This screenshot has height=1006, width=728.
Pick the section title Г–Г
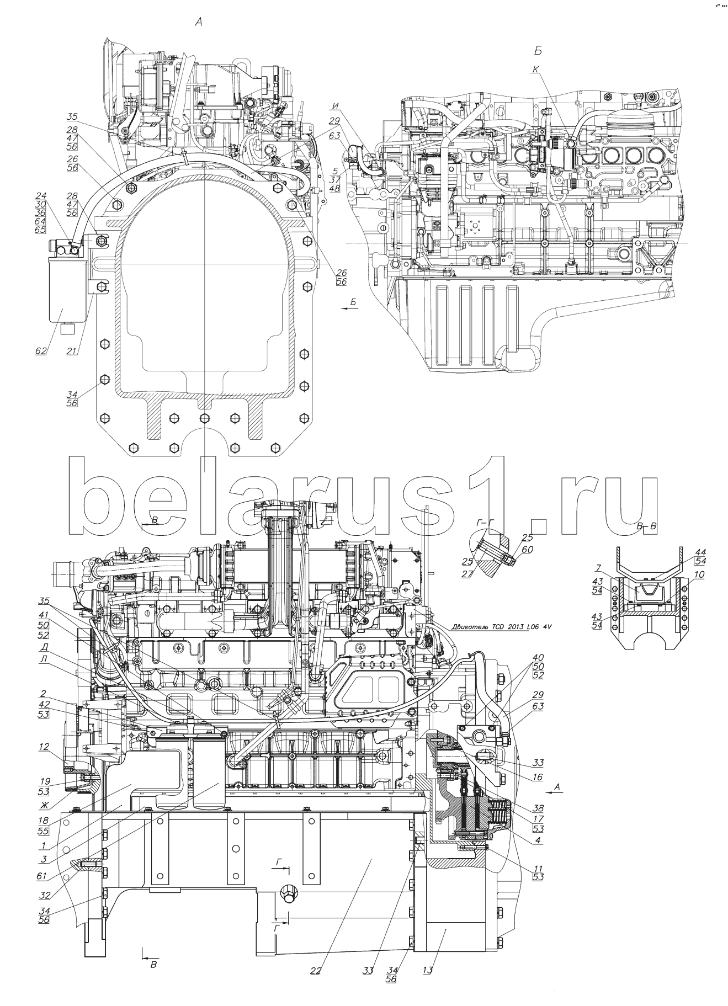(x=486, y=521)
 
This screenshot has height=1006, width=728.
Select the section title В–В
(x=646, y=526)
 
